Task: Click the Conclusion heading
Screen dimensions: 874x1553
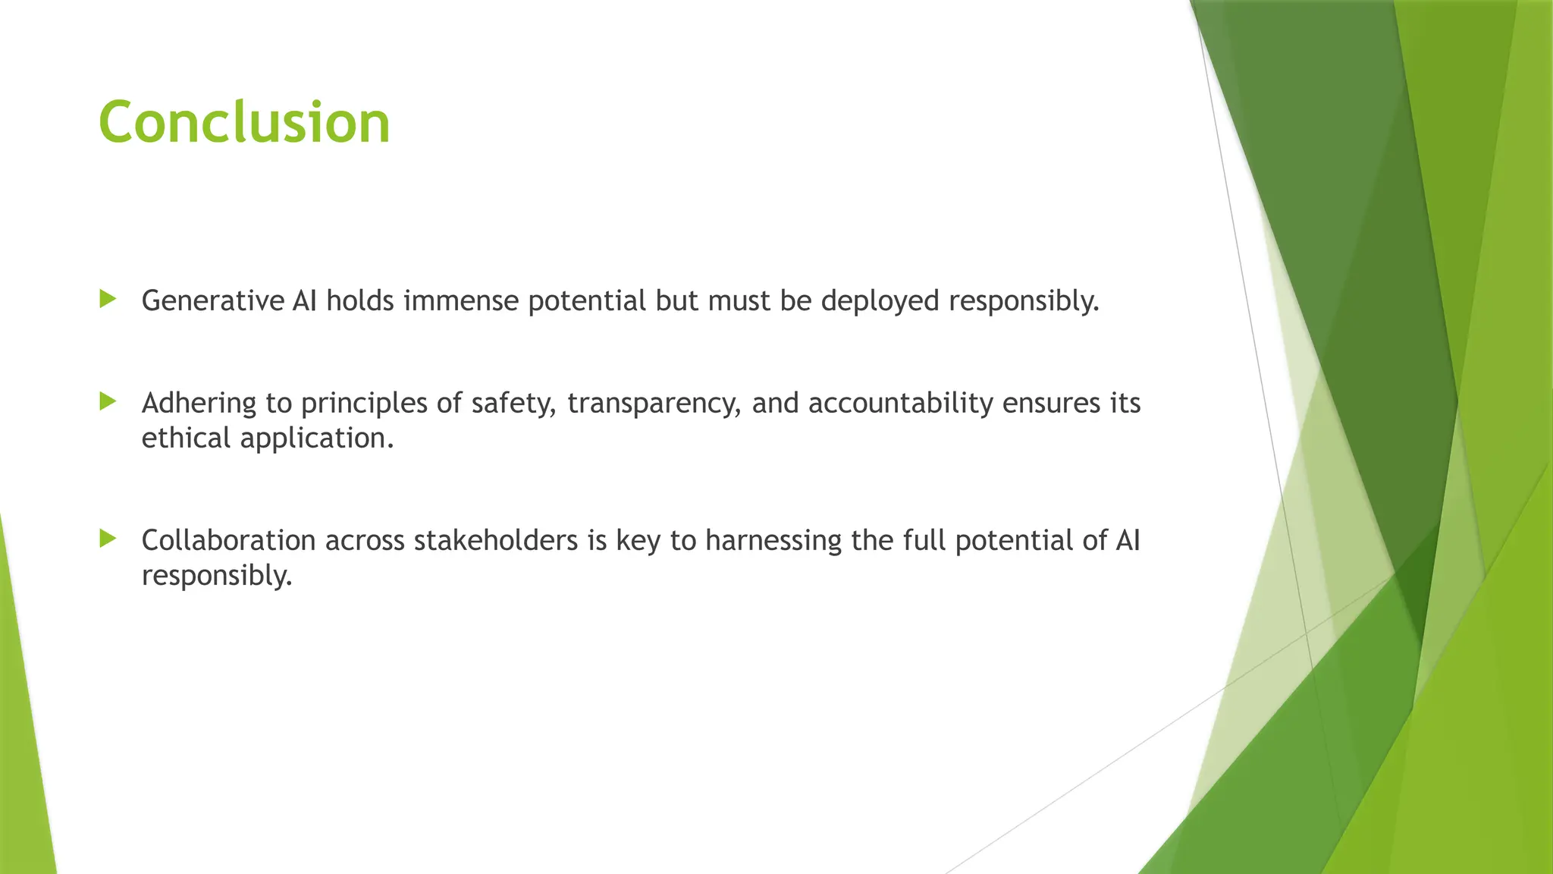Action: click(244, 123)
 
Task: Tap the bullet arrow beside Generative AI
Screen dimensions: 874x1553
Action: click(108, 299)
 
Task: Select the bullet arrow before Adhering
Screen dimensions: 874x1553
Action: click(108, 401)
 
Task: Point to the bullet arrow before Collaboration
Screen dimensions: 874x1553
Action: click(108, 539)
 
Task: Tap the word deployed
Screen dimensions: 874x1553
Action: click(880, 301)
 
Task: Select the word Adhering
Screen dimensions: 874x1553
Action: click(199, 403)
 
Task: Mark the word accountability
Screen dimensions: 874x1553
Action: click(900, 403)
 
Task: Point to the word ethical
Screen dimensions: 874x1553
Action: click(186, 438)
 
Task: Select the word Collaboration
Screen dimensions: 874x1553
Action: click(228, 540)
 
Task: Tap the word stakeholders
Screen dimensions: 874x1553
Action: click(496, 540)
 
